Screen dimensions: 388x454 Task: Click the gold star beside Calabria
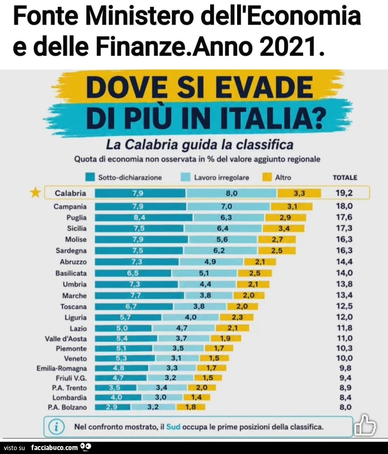click(x=35, y=192)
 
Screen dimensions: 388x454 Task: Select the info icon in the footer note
click(x=56, y=427)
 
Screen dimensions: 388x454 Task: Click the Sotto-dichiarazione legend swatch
click(x=90, y=177)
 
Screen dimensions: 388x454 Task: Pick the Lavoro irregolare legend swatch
click(x=186, y=177)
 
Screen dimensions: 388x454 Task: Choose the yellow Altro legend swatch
click(x=267, y=177)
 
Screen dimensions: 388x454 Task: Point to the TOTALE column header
click(x=345, y=178)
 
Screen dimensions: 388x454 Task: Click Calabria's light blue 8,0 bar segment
click(x=231, y=193)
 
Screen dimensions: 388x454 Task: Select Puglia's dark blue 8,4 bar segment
click(x=144, y=217)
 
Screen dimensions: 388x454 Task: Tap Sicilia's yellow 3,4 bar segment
click(x=284, y=228)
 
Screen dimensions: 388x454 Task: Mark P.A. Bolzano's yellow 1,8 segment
click(x=191, y=407)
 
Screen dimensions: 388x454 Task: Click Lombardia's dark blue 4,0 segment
click(x=118, y=397)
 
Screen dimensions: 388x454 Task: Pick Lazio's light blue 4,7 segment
click(x=184, y=328)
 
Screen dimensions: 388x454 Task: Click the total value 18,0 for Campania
click(x=344, y=206)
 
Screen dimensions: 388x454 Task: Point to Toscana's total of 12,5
click(x=344, y=306)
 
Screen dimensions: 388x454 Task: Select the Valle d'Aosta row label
click(x=66, y=339)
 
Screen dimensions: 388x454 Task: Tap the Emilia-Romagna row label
click(x=62, y=368)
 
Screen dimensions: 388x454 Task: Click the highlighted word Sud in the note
click(x=173, y=427)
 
